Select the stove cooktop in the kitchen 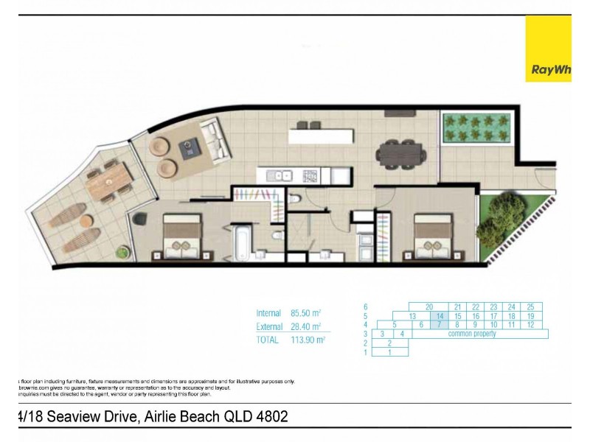point(311,175)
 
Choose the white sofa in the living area point(215,141)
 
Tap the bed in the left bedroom point(182,237)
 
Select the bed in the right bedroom point(433,237)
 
